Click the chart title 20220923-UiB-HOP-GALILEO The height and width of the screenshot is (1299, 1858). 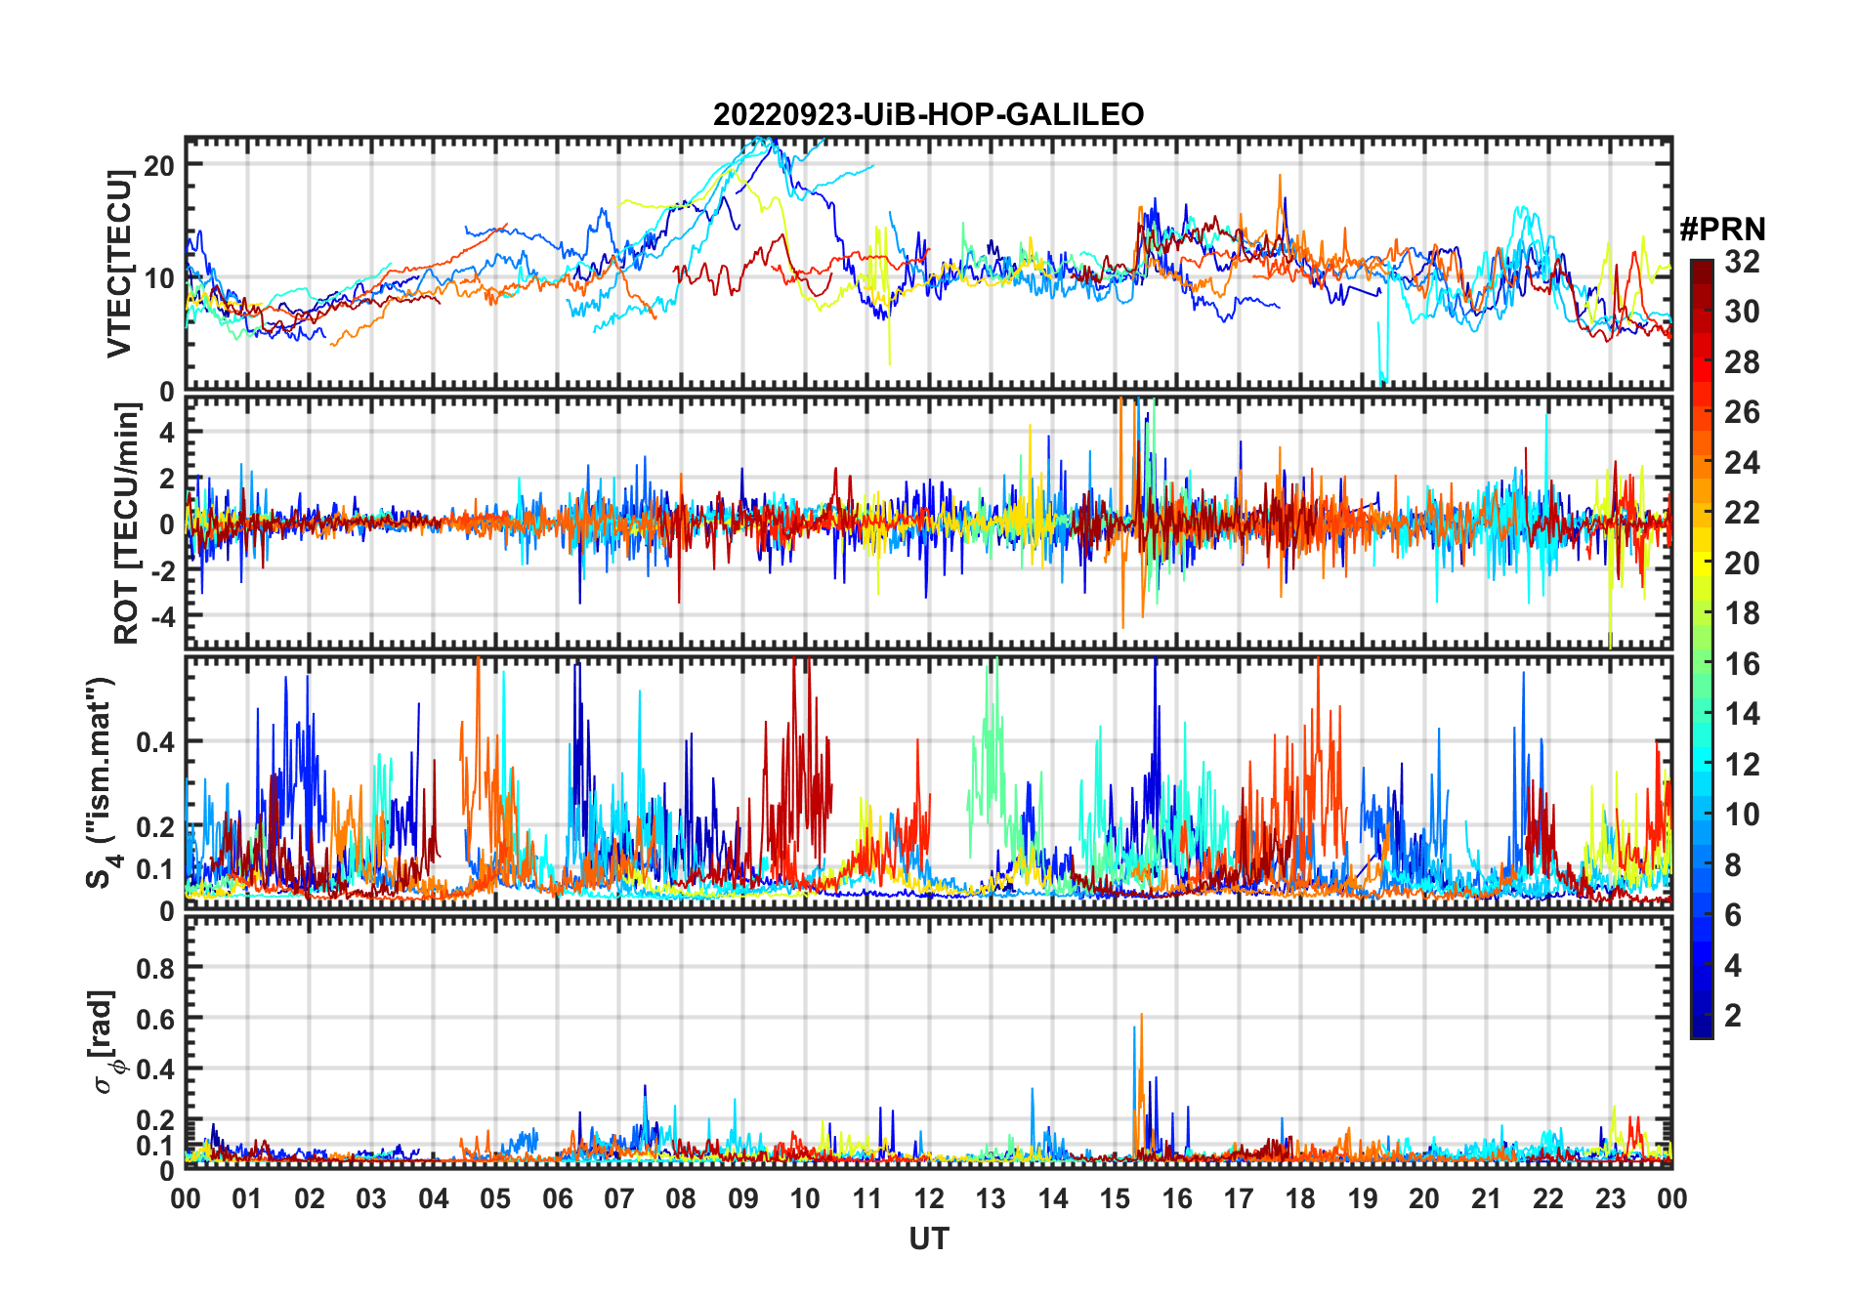tap(928, 115)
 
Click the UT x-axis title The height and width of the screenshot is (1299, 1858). tap(928, 1238)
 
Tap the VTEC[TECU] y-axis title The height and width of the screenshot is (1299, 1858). tap(119, 264)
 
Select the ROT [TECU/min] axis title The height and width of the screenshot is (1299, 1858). tap(127, 524)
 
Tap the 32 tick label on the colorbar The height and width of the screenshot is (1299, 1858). tap(1742, 261)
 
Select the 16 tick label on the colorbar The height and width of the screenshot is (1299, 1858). tap(1742, 664)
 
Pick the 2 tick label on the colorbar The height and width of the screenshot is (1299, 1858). tap(1733, 1016)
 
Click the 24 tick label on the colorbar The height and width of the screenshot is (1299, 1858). tap(1742, 462)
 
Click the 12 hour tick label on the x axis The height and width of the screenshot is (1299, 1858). tap(928, 1198)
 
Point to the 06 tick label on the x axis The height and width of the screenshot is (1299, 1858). tap(557, 1198)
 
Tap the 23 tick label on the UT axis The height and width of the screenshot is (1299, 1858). tap(1609, 1198)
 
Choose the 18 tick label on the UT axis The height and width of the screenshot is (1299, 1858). tap(1299, 1198)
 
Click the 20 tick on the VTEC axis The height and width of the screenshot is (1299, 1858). tap(159, 165)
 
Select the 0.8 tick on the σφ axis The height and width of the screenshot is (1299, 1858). tap(155, 968)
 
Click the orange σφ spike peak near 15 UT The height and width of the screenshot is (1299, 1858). tap(1141, 1016)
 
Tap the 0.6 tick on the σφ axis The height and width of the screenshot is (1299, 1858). tap(155, 1019)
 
